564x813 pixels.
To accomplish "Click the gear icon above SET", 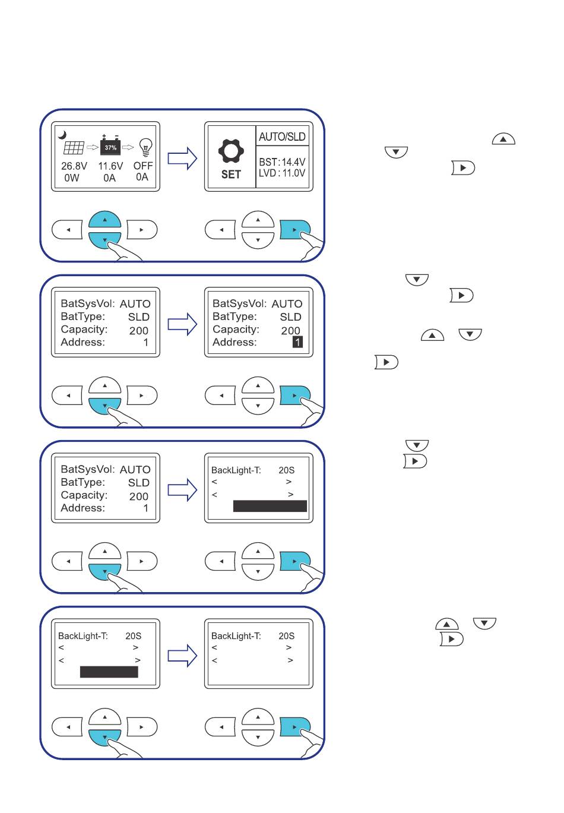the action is point(231,151).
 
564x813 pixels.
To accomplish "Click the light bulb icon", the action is point(146,147).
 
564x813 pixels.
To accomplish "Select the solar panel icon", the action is point(74,147).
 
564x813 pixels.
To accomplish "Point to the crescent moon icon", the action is point(63,135).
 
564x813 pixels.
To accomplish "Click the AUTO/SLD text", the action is point(282,137).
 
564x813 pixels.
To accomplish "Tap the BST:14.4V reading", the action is point(282,162).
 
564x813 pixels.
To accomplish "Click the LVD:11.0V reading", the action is point(282,173).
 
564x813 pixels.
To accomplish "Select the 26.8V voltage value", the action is point(74,166).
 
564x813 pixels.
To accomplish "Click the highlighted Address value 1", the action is point(297,342).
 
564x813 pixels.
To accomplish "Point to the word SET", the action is point(231,175).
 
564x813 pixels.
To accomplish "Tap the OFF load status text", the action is point(143,166).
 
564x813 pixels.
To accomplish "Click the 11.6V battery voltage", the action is point(110,166).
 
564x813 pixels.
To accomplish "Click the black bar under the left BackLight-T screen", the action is point(109,672).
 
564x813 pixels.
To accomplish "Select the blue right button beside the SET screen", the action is point(294,230).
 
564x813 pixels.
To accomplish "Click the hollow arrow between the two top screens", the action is point(182,159).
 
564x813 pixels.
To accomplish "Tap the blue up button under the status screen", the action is point(104,220).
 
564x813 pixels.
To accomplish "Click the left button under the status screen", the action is point(68,230).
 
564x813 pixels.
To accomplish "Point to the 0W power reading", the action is point(72,178).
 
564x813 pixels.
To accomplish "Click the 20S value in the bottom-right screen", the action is point(286,636).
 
